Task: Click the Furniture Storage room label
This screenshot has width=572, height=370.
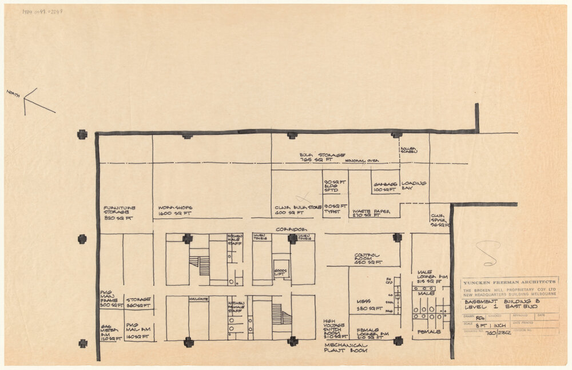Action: tap(118, 213)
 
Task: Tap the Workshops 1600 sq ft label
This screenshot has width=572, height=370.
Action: tap(175, 210)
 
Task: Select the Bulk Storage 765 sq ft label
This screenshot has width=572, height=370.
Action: tap(323, 157)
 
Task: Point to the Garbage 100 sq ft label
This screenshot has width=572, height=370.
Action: tap(385, 187)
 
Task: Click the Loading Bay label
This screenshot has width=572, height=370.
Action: tap(414, 185)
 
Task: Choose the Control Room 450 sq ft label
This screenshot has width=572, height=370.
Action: tap(368, 259)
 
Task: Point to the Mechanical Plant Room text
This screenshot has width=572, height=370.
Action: tap(345, 348)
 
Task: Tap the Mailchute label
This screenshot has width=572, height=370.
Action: tap(198, 299)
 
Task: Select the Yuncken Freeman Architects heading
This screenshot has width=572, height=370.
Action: tap(509, 282)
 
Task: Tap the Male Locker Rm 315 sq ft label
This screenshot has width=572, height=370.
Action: tap(432, 278)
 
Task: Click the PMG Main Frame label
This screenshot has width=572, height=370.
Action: tap(110, 299)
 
